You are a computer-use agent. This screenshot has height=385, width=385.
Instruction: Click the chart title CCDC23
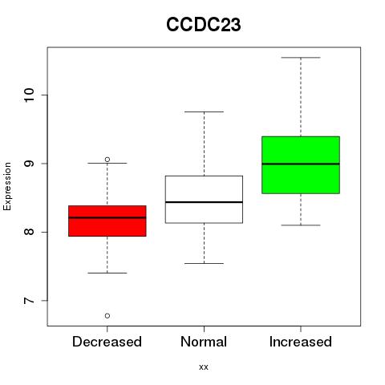point(204,25)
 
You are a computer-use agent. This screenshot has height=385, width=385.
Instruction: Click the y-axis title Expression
point(7,186)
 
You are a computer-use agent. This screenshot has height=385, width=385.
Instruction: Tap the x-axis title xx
point(204,367)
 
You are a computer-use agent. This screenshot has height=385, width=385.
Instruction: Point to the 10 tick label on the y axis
point(29,95)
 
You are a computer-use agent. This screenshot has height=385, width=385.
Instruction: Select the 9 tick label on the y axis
point(29,164)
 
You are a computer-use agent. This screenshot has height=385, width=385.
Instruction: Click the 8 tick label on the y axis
point(29,232)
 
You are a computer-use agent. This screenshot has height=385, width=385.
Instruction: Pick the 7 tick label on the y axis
point(29,301)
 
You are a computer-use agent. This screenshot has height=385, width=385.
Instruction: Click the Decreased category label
point(107,342)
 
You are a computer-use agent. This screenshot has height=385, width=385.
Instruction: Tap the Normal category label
point(204,342)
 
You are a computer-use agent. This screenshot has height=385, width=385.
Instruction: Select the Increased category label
point(301,342)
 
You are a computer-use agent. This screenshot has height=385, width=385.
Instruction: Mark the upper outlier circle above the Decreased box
point(107,160)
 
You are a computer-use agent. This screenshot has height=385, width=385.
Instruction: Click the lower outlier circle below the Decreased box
point(107,316)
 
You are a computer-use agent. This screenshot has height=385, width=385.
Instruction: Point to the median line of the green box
point(301,164)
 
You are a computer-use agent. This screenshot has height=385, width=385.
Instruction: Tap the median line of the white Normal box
point(204,202)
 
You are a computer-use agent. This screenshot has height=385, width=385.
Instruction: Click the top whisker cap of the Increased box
point(301,58)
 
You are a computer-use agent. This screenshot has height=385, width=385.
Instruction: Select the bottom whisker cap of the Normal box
point(204,263)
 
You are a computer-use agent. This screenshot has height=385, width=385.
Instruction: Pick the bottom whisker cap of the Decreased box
point(107,273)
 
